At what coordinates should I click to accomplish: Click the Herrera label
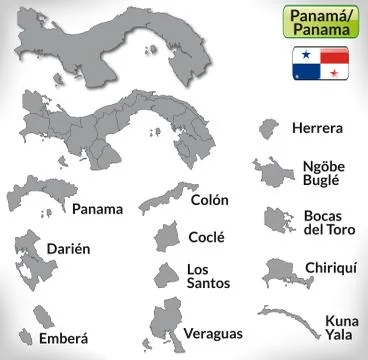click(x=317, y=128)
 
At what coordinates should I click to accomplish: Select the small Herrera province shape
click(x=267, y=130)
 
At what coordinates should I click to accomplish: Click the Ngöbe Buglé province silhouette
click(x=269, y=173)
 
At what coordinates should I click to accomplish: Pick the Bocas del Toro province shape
click(x=275, y=219)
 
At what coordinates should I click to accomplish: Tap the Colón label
click(x=209, y=199)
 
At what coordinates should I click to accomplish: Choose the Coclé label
click(x=206, y=237)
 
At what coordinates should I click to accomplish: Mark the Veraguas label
click(x=214, y=330)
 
